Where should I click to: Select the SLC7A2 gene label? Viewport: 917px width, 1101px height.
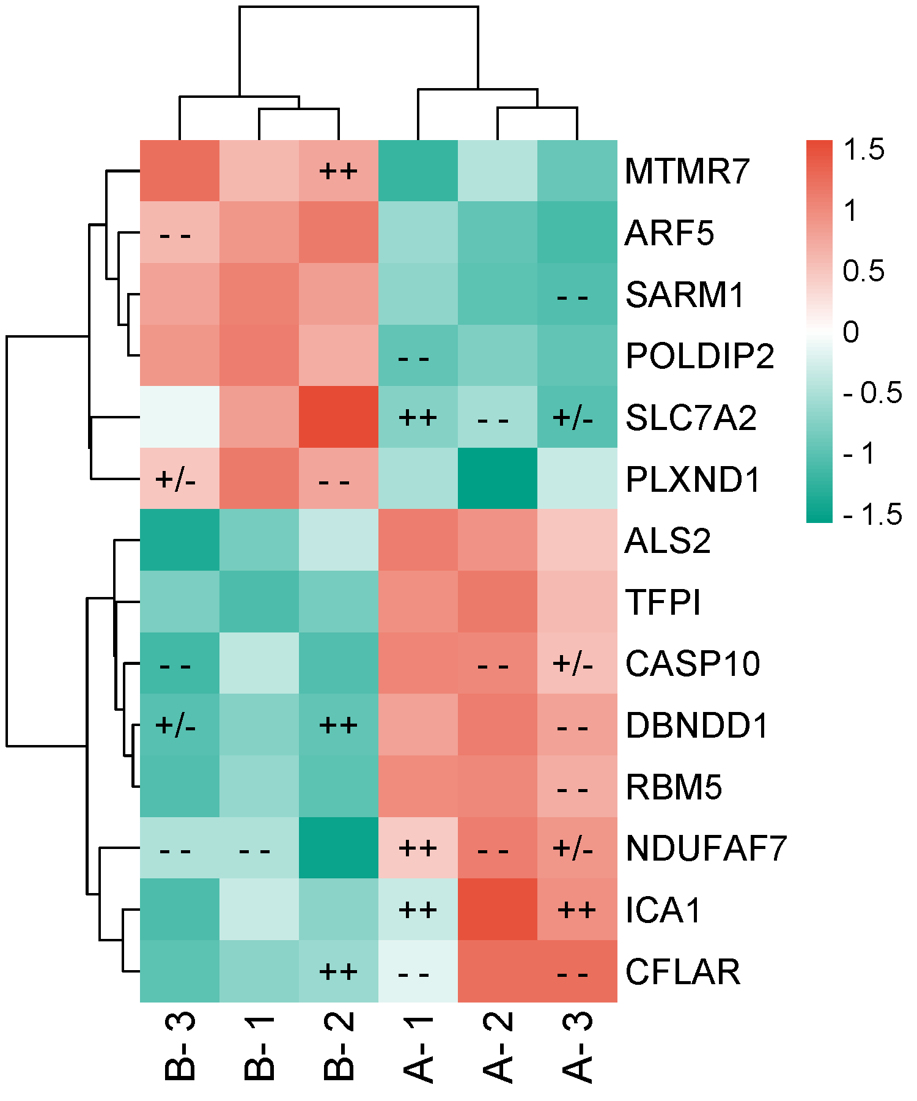pyautogui.click(x=691, y=418)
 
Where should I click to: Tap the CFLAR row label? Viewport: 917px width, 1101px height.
pyautogui.click(x=683, y=972)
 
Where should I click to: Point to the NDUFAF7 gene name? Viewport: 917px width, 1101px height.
pyautogui.click(x=706, y=848)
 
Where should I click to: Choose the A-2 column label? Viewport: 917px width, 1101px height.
pyautogui.click(x=498, y=1046)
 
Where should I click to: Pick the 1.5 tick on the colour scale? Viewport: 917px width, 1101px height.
pyautogui.click(x=863, y=150)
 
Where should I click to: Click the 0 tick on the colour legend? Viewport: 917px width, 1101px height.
pyautogui.click(x=850, y=332)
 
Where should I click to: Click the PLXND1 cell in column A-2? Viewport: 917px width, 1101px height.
pyautogui.click(x=498, y=478)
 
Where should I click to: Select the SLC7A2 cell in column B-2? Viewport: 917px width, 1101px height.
pyautogui.click(x=339, y=417)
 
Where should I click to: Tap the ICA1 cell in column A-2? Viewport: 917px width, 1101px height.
pyautogui.click(x=498, y=910)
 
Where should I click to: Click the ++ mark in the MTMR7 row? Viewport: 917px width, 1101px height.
pyautogui.click(x=339, y=171)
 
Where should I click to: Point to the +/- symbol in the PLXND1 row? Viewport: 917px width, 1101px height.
pyautogui.click(x=176, y=479)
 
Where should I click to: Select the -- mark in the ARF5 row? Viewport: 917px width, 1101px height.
pyautogui.click(x=176, y=235)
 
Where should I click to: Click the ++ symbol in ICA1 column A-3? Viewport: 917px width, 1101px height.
pyautogui.click(x=576, y=910)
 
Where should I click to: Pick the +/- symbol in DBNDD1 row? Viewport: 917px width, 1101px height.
pyautogui.click(x=176, y=725)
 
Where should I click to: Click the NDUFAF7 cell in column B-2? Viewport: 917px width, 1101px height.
pyautogui.click(x=339, y=848)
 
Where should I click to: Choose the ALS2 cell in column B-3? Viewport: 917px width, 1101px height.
pyautogui.click(x=180, y=539)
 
